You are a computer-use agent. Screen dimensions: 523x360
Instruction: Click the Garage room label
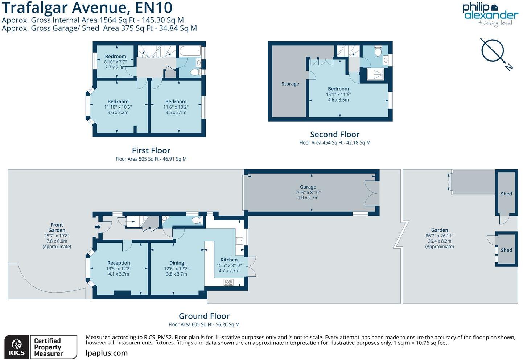[x=308, y=187]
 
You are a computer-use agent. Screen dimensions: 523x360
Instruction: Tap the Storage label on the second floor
[x=290, y=84]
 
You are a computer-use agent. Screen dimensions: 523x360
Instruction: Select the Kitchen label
[x=229, y=260]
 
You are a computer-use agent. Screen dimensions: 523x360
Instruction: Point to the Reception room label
[x=119, y=263]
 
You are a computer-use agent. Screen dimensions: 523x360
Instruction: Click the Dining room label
[x=177, y=263]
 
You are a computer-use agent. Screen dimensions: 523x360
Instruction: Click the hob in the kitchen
[x=228, y=282]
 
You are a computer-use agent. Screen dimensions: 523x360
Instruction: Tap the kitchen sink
[x=239, y=241]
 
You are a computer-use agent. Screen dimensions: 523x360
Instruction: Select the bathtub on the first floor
[x=190, y=51]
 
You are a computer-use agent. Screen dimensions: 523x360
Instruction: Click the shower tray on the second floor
[x=375, y=74]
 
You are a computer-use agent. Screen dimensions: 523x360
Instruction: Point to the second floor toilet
[x=378, y=51]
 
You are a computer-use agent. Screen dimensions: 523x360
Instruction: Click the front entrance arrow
[x=98, y=227]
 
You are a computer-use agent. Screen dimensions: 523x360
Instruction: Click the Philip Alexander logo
[x=490, y=15]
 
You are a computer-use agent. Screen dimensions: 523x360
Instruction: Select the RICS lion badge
[x=17, y=347]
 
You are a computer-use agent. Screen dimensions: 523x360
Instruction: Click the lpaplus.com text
[x=107, y=353]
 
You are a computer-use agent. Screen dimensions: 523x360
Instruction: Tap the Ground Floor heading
[x=204, y=316]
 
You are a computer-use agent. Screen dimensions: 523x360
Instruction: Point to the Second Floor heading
[x=334, y=134]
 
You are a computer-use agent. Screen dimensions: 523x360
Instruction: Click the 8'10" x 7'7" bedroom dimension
[x=115, y=62]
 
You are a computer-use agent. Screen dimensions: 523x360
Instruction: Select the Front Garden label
[x=57, y=227]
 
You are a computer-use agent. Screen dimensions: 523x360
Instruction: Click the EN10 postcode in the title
[x=154, y=8]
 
